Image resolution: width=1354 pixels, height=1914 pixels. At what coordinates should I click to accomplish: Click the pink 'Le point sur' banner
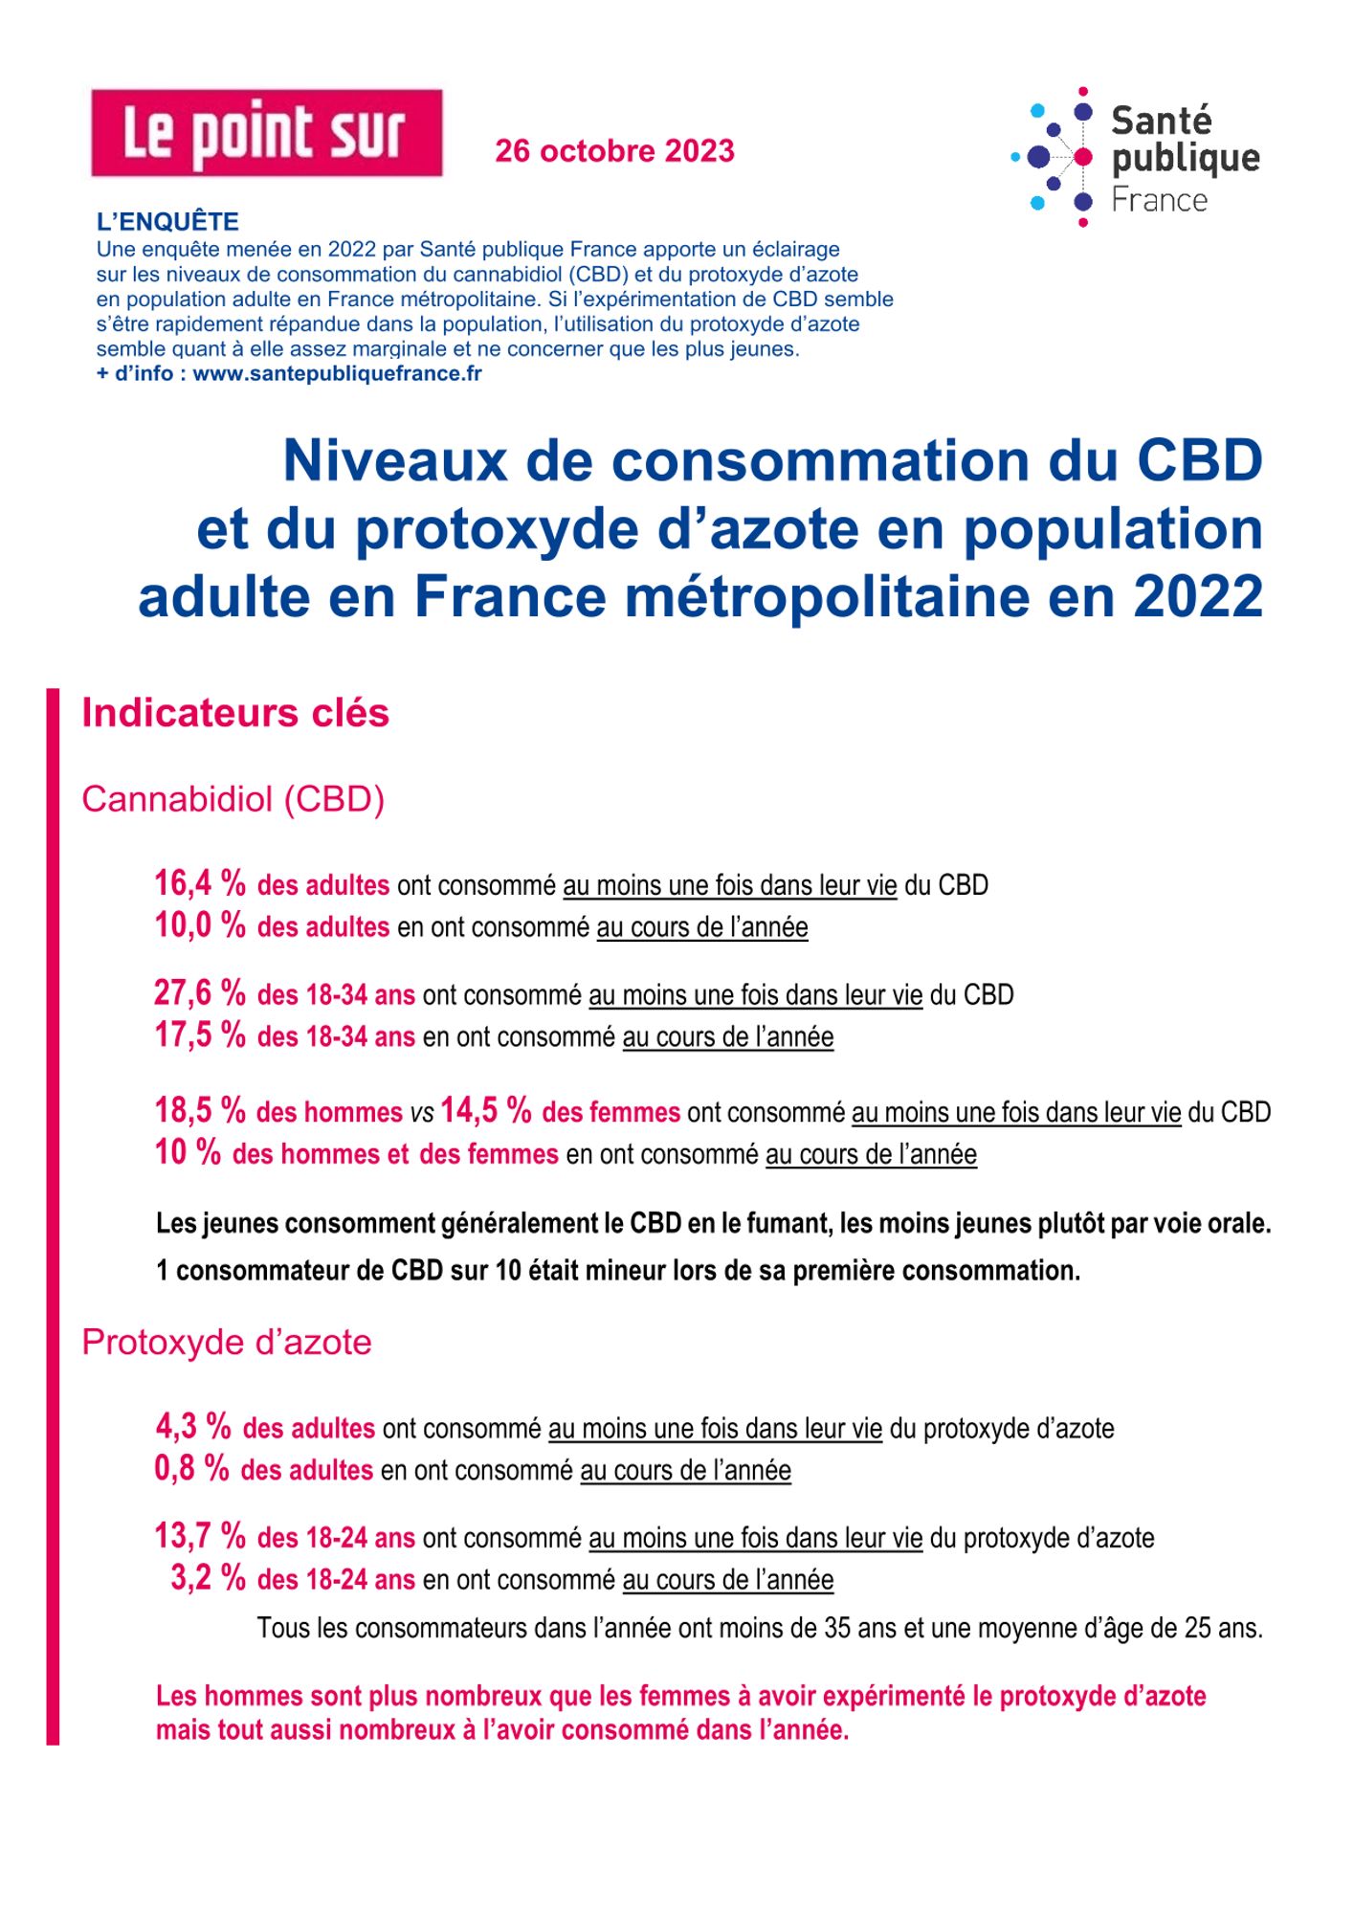266,133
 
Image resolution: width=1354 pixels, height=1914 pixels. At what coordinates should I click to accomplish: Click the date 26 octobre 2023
614,151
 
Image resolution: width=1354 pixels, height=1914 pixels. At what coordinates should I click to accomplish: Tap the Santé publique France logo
1136,157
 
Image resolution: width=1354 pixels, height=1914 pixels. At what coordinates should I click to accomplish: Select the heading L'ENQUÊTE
167,222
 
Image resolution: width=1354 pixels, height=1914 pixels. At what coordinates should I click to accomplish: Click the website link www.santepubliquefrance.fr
337,374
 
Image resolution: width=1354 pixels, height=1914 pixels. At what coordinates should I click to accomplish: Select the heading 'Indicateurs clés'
235,714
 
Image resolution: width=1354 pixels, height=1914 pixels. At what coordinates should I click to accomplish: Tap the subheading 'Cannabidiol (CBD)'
233,799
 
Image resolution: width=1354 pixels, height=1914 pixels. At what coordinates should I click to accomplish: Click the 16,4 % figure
200,883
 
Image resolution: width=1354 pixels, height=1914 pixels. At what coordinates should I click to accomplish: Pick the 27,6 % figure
200,993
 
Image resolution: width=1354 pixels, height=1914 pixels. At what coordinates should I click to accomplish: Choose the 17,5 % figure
200,1035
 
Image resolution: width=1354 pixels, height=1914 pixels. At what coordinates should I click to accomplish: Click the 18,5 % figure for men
200,1111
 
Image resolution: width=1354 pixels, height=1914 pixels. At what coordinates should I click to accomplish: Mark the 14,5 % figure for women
486,1111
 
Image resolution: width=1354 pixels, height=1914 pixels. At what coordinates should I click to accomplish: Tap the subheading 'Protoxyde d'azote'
227,1343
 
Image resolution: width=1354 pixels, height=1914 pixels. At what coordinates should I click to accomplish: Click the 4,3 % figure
193,1427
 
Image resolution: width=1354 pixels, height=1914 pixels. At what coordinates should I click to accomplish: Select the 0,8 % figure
192,1469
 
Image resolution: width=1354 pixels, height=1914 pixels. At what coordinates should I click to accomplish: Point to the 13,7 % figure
200,1537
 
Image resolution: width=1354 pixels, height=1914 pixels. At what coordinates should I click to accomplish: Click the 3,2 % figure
208,1578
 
